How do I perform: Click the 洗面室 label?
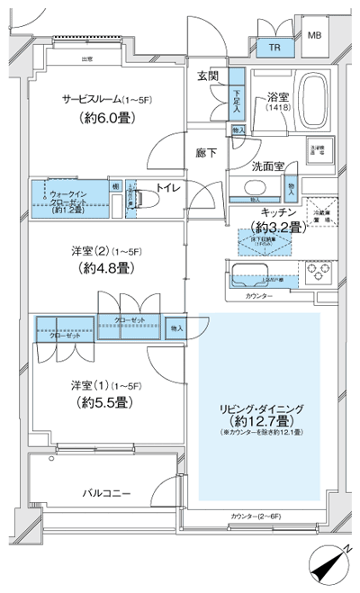[268, 166]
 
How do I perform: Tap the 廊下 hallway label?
[207, 153]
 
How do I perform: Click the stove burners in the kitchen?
[319, 273]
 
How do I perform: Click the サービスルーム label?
[105, 98]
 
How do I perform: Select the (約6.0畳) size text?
[105, 118]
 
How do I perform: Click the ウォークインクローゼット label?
[69, 199]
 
